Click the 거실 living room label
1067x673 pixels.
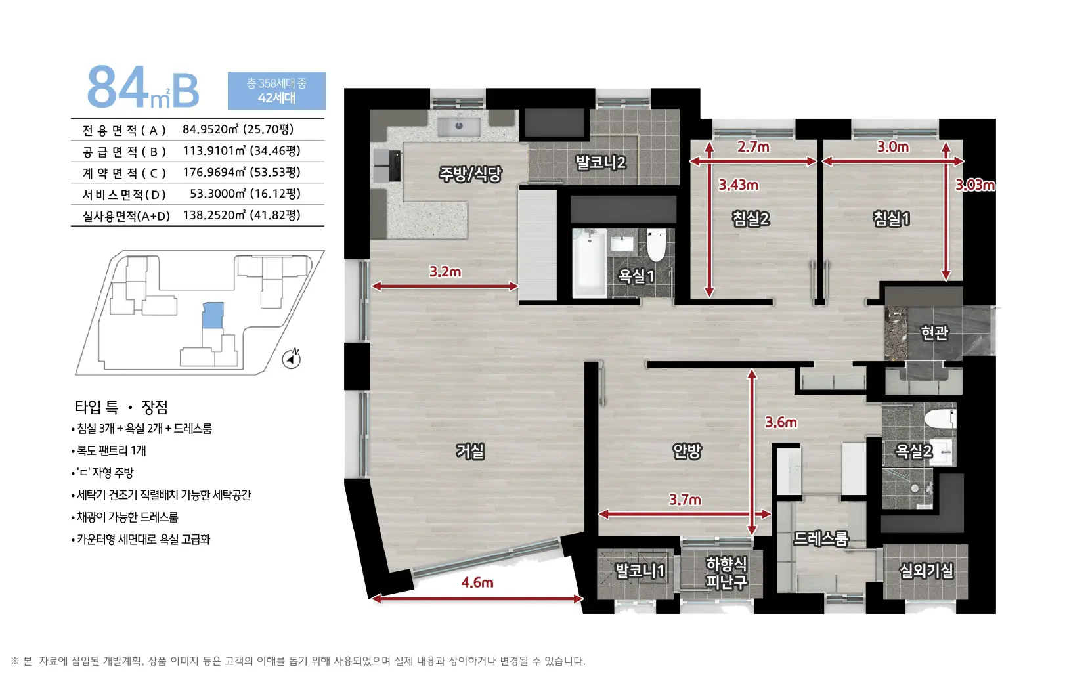(x=470, y=450)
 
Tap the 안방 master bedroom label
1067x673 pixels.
(x=686, y=450)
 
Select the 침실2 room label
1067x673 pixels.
(x=751, y=219)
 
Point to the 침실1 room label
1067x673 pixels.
(x=891, y=219)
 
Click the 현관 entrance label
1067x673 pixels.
(x=934, y=333)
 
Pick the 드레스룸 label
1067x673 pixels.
(x=821, y=538)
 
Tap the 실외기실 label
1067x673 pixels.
(x=926, y=570)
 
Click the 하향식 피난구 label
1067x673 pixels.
(x=726, y=573)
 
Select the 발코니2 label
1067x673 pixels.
(x=601, y=162)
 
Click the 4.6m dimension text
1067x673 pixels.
(x=477, y=582)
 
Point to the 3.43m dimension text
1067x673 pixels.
(x=738, y=185)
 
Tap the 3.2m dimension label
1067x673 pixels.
(x=445, y=271)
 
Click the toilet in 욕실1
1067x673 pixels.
(x=657, y=244)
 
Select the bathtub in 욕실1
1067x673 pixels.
(x=590, y=263)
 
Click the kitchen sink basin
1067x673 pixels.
(x=459, y=126)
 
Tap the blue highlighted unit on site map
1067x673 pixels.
(x=213, y=315)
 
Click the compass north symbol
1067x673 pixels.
(x=292, y=358)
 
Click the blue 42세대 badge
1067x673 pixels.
(x=276, y=91)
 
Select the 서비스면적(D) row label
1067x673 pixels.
(x=124, y=194)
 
